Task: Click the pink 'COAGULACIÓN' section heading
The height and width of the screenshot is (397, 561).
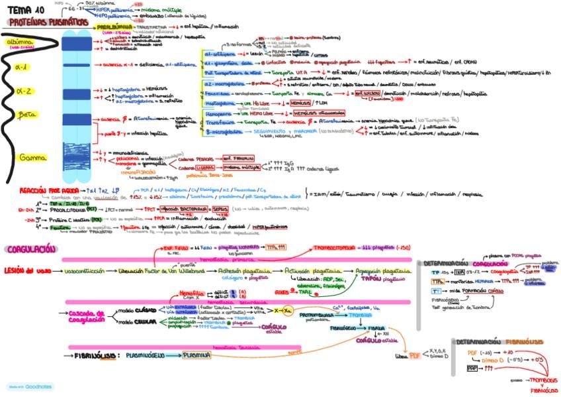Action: [x=31, y=249]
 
